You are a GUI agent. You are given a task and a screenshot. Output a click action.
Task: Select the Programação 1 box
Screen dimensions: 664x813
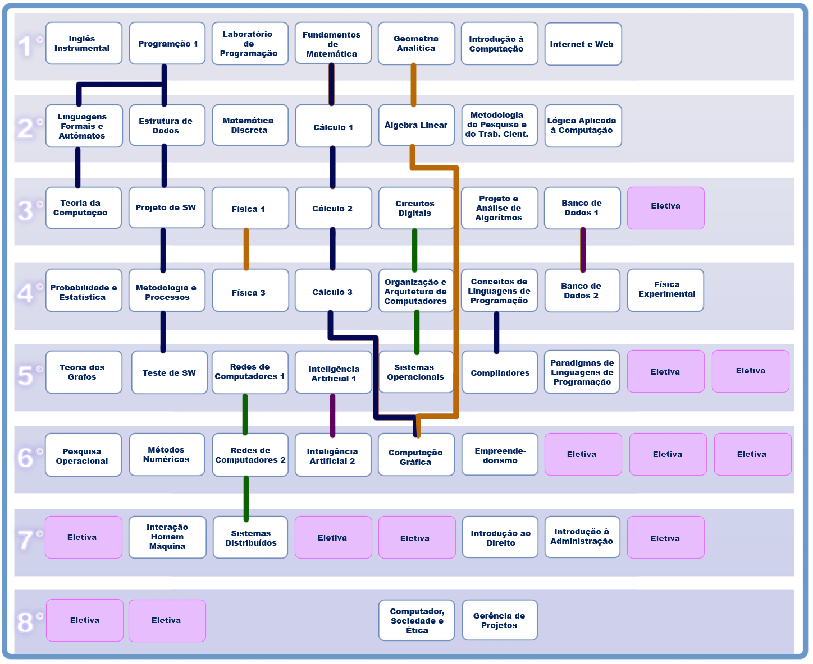coord(167,43)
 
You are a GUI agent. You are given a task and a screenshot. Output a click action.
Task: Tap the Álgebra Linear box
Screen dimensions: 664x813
coord(416,125)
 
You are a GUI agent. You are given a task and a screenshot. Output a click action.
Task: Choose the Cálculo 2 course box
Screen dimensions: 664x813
coord(333,208)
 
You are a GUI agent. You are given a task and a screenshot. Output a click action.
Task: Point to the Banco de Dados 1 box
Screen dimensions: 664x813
coord(582,208)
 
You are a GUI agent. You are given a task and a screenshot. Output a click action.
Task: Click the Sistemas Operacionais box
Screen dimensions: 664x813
coord(416,372)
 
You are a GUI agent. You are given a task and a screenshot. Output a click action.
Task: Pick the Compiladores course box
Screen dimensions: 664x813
coord(500,372)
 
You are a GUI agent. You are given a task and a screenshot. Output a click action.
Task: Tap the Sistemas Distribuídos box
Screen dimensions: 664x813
coord(250,537)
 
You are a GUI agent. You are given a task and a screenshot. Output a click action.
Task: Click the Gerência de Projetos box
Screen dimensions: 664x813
coord(500,620)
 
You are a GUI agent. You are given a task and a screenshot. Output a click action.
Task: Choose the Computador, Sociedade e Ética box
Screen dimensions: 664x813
coord(417,620)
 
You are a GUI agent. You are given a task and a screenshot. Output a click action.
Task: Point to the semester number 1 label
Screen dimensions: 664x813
coord(26,46)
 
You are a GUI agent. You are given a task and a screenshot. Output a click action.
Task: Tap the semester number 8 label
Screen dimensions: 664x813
coord(26,622)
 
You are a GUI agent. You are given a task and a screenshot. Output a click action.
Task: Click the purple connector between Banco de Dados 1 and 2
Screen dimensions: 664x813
coord(583,250)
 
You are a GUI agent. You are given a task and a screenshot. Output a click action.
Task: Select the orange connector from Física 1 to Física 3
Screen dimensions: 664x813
coord(246,249)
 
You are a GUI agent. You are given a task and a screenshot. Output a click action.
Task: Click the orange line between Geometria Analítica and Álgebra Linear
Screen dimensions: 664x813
coord(413,85)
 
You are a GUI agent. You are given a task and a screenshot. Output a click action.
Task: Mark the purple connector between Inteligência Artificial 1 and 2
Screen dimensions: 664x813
coord(332,415)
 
